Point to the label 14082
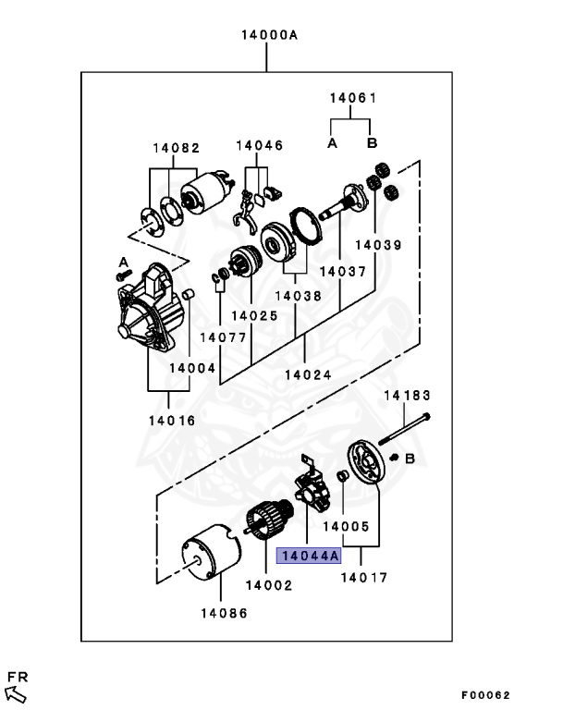(177, 147)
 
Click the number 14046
(259, 145)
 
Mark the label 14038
(296, 297)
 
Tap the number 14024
(306, 374)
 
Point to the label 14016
(169, 420)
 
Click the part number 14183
(408, 395)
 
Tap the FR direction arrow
(17, 691)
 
